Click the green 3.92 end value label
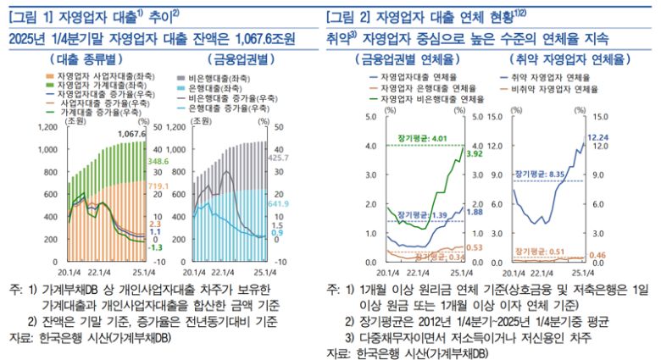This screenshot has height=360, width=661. pos(475,153)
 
